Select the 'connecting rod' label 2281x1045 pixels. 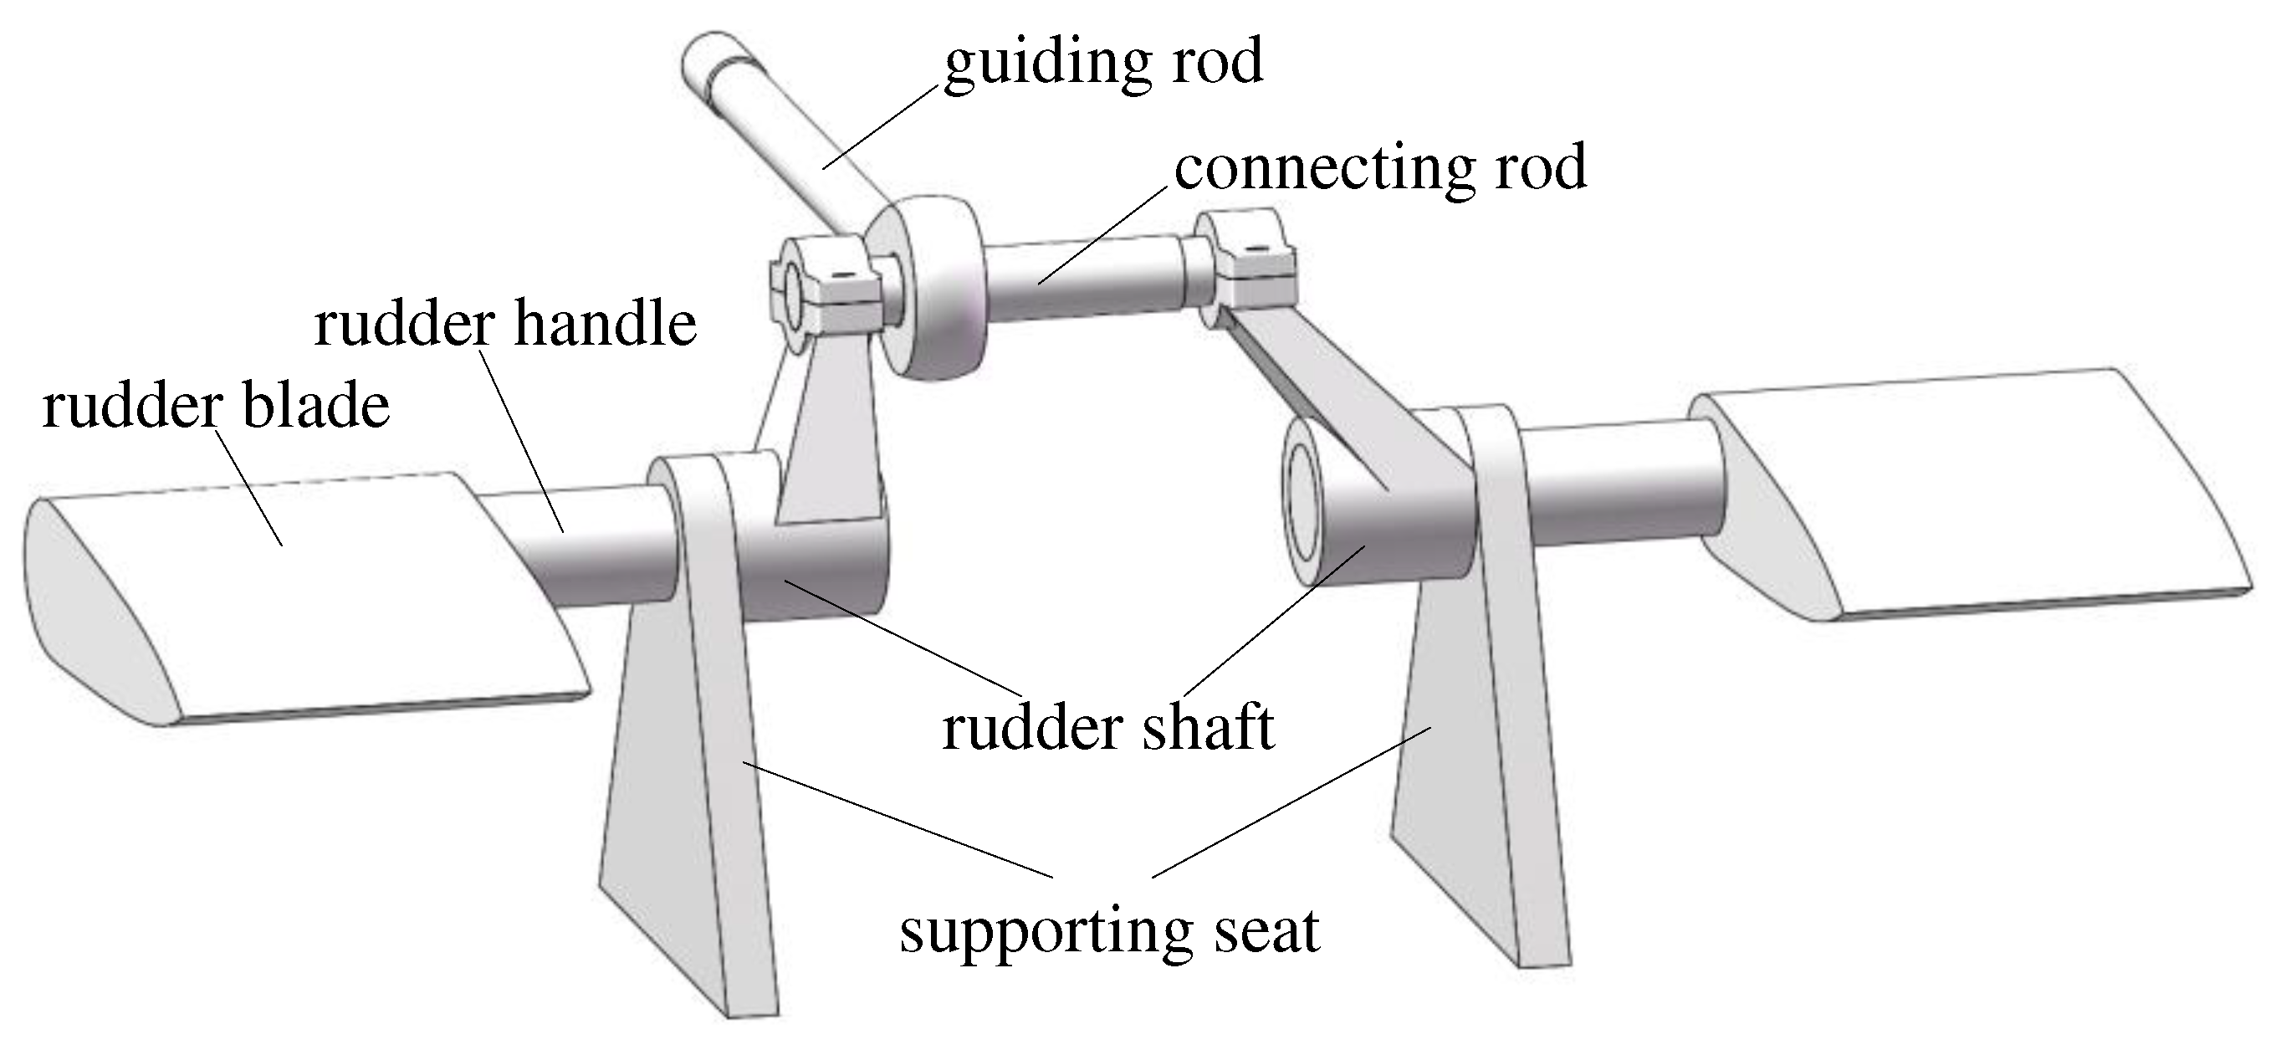(x=1379, y=167)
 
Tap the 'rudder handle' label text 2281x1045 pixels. (x=504, y=324)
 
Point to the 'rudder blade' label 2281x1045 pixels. (x=216, y=407)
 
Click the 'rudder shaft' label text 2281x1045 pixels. (x=1107, y=728)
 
